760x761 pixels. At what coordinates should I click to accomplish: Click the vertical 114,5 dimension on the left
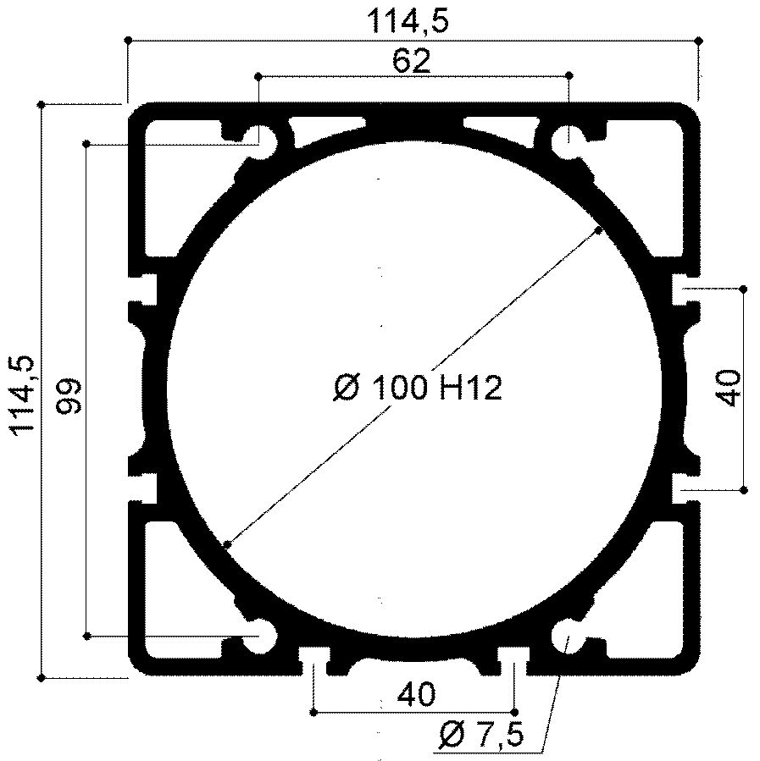coord(23,394)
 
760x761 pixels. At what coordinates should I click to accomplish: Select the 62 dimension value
coord(412,60)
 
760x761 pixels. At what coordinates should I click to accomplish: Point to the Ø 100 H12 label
coord(418,389)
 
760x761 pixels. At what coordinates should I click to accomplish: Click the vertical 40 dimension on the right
coord(729,389)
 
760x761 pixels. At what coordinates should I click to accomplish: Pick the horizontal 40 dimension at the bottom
coord(415,695)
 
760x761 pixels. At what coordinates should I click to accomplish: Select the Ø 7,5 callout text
coord(480,736)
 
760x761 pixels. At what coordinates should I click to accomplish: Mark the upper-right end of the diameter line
coord(599,229)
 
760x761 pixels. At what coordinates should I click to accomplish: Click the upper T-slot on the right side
coord(685,289)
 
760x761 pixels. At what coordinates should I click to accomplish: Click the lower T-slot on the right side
coord(685,489)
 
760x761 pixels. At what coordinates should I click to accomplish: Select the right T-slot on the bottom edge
coord(513,658)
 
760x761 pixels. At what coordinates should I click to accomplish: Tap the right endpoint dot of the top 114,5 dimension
coord(698,40)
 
